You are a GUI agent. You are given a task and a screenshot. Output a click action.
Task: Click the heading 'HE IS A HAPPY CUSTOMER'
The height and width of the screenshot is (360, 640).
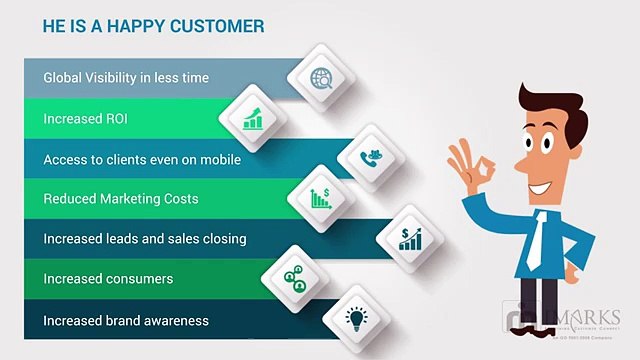pos(153,25)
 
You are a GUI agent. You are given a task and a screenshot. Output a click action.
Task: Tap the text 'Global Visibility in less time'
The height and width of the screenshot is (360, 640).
pos(126,77)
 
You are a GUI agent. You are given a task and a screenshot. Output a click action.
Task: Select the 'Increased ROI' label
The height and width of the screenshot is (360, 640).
pos(84,118)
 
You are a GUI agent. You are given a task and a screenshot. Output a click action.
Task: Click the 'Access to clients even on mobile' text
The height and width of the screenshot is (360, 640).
pos(142,159)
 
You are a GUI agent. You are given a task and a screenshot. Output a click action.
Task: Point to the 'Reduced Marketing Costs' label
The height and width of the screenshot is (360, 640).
pos(121,199)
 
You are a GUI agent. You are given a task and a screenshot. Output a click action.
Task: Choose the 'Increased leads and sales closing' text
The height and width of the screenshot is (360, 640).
pos(144,239)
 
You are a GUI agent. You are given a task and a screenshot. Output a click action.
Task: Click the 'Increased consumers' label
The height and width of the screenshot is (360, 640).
pos(108,279)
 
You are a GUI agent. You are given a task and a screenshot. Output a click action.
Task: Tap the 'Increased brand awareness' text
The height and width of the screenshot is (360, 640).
pos(126,320)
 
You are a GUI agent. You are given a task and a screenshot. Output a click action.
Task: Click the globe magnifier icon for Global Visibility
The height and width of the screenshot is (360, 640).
pos(322,78)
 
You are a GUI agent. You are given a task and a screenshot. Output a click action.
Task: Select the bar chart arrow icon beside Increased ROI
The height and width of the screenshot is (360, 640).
pos(253,119)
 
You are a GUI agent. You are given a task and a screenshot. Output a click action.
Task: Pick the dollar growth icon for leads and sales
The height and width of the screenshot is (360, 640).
pos(410,238)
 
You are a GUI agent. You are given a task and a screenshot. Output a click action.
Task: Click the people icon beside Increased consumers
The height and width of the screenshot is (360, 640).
pos(295,279)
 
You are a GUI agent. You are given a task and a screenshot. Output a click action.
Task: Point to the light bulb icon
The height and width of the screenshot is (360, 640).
pos(354,319)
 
